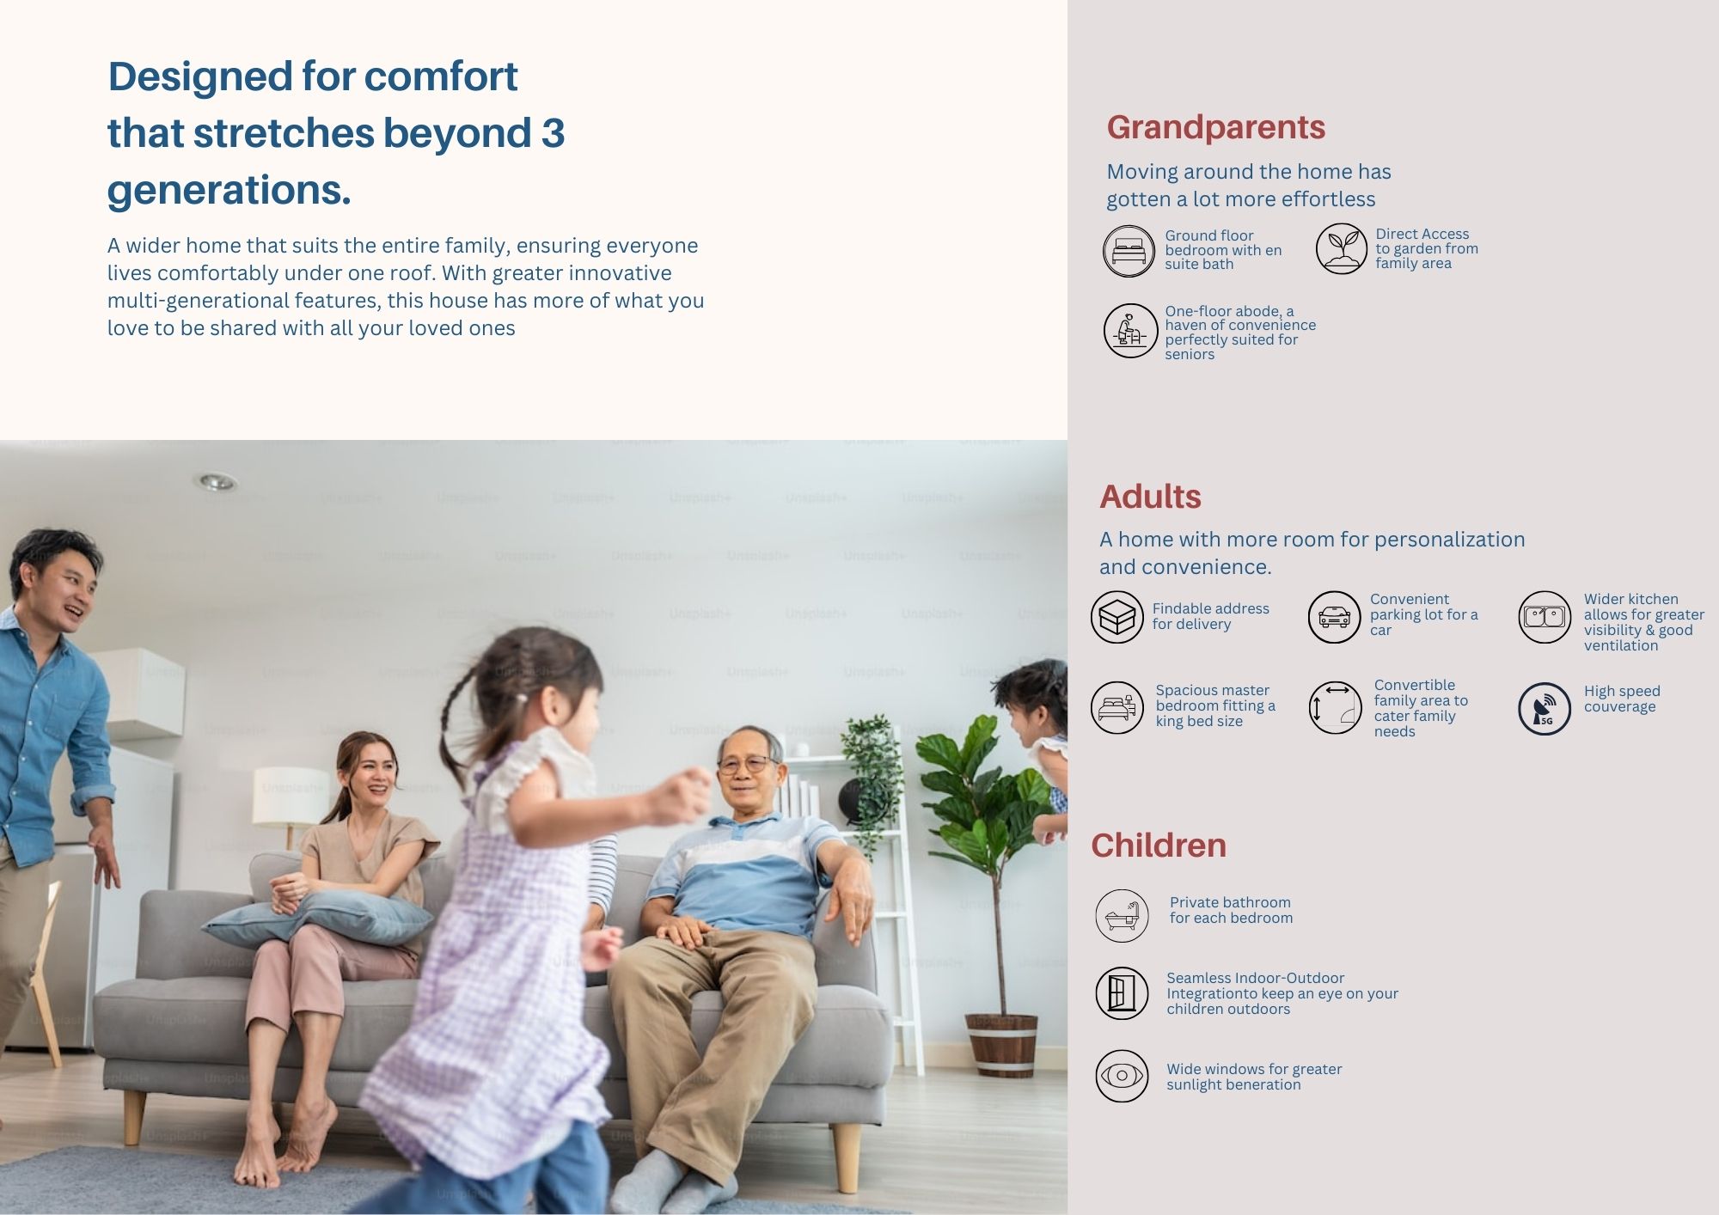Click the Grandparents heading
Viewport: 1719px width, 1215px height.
tap(1215, 128)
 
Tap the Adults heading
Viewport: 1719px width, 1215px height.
tap(1150, 497)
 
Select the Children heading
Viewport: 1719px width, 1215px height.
tap(1159, 846)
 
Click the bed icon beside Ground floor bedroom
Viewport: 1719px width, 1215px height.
tap(1129, 251)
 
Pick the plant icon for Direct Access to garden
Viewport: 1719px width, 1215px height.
tap(1341, 248)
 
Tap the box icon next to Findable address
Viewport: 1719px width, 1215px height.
tap(1116, 617)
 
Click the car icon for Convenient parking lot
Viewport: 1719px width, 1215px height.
tap(1334, 617)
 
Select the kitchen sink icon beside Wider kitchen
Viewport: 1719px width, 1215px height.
tap(1545, 617)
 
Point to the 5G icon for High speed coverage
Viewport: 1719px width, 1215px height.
tap(1545, 709)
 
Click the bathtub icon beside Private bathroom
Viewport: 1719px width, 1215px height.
tap(1122, 916)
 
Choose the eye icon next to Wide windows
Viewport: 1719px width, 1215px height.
tap(1122, 1076)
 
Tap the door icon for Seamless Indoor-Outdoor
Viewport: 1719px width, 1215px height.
tap(1122, 993)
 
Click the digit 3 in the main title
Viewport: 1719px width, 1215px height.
tap(553, 133)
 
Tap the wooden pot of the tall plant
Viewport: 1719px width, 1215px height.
tap(1001, 1044)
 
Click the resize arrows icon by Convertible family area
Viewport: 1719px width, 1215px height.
tap(1335, 708)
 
